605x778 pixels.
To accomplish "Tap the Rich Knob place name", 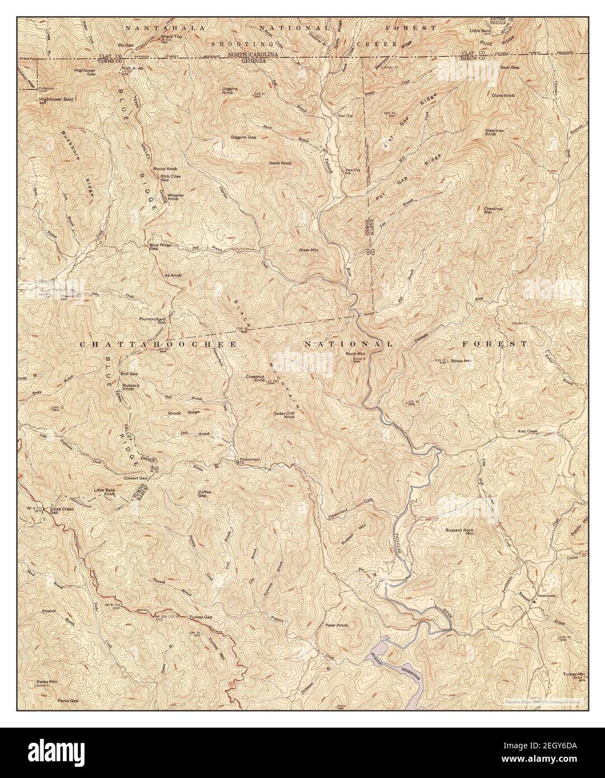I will (133, 68).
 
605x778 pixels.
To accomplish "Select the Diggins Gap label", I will (243, 137).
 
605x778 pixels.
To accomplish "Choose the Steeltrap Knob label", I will (491, 132).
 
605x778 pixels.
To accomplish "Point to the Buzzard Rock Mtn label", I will (459, 532).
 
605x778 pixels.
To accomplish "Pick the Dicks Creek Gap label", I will (62, 510).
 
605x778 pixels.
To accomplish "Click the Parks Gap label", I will (67, 700).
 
